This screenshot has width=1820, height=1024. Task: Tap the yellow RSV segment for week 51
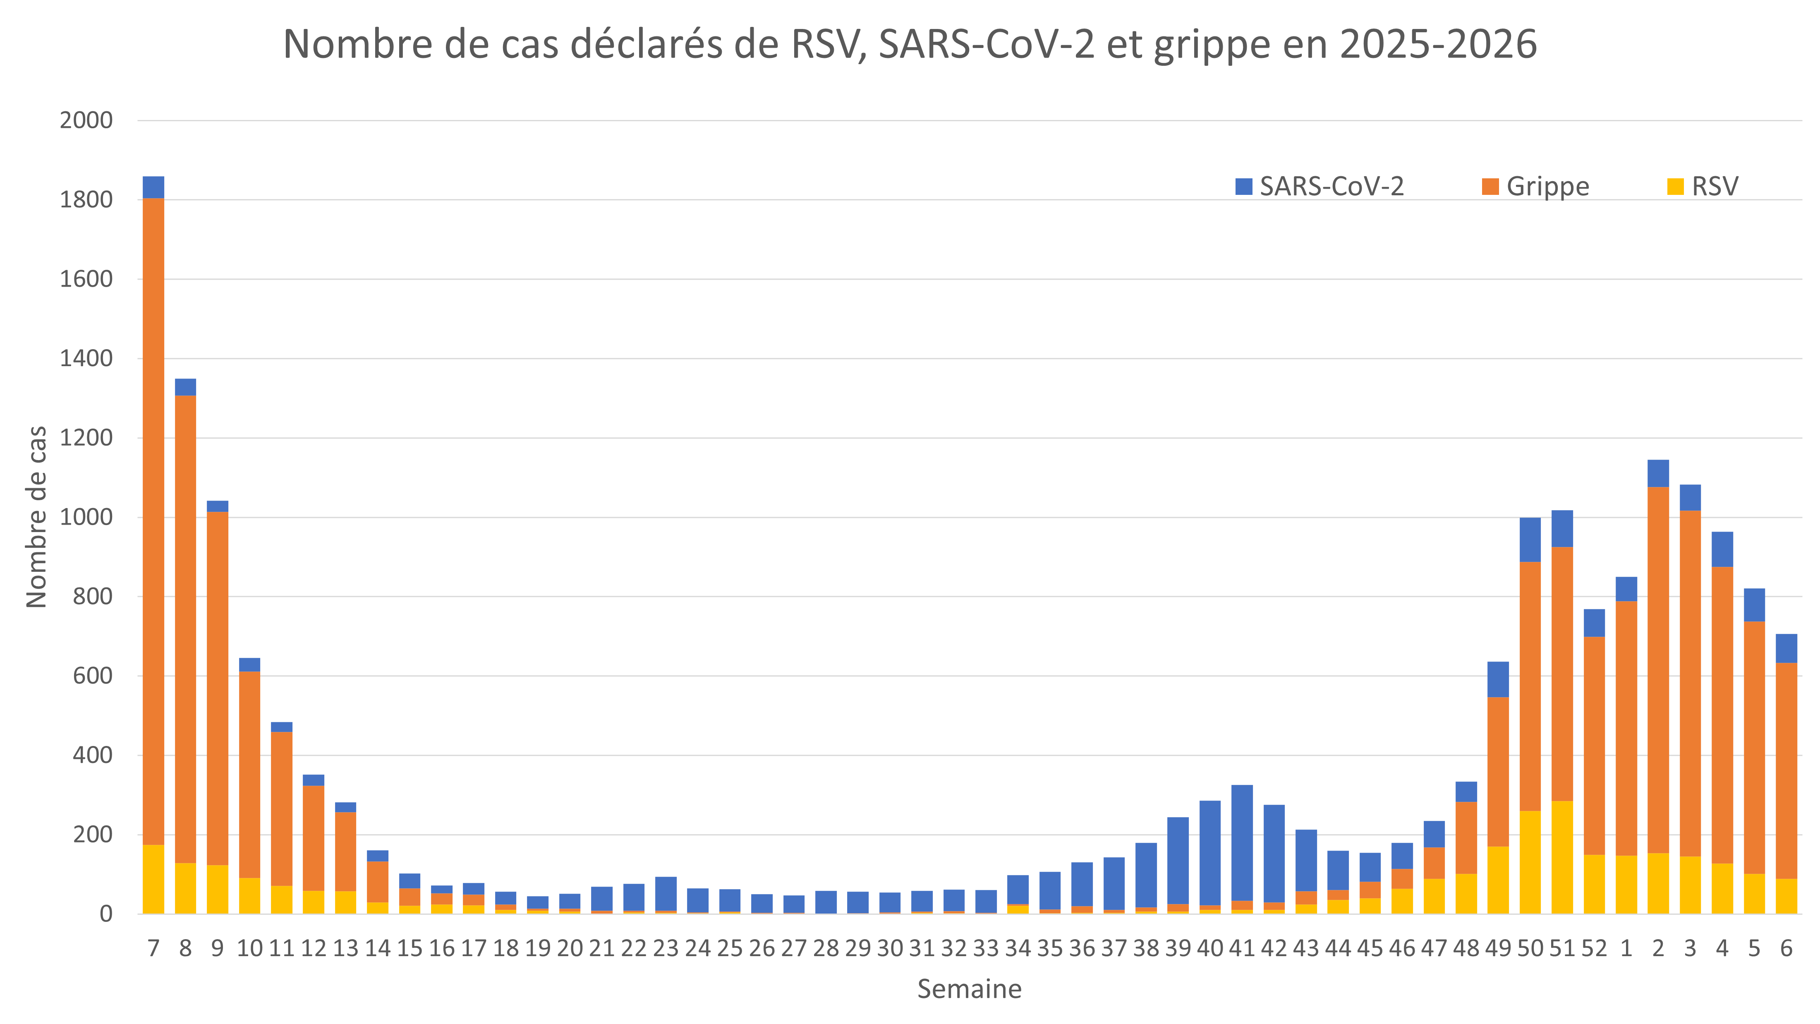(1562, 857)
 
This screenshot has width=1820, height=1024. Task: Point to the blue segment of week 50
(1530, 540)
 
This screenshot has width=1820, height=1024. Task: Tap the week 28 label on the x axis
(825, 948)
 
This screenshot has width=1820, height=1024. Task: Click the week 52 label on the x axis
(1594, 948)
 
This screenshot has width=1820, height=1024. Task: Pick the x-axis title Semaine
(969, 989)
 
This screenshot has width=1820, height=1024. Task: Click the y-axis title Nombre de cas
(37, 517)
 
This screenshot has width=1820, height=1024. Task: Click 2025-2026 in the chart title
(1438, 45)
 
